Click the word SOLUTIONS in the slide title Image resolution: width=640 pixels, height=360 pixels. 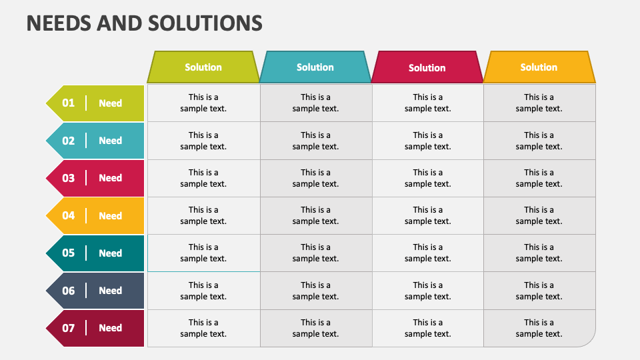coord(205,23)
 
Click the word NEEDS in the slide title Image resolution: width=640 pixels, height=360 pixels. coord(59,23)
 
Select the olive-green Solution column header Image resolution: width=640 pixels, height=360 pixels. coord(203,67)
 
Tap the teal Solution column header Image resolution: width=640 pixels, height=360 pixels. coord(315,67)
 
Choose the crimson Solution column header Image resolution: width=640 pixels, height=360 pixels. coord(427,67)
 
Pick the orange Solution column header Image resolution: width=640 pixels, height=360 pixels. coord(539,67)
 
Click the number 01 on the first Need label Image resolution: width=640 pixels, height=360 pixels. coord(68,103)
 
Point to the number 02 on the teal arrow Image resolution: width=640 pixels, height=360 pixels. coord(68,141)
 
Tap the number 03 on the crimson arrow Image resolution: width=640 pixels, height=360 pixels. coord(68,178)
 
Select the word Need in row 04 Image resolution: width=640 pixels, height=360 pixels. coord(110,215)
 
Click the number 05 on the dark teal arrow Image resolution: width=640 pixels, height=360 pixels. coord(68,253)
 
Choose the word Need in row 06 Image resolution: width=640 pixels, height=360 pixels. coord(110,291)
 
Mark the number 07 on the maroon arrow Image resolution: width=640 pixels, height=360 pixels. coord(68,328)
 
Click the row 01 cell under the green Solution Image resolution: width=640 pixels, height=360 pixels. coord(203,103)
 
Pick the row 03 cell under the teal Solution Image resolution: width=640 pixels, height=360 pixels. coord(316,178)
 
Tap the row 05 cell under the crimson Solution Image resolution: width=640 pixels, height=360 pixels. coord(428,253)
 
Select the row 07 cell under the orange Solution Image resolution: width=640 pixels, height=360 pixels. coord(539,328)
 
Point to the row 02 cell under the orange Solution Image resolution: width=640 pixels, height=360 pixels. coord(539,141)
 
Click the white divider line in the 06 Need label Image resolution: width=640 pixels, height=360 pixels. coord(86,291)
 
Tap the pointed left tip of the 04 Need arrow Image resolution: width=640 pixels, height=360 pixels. coord(46,215)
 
